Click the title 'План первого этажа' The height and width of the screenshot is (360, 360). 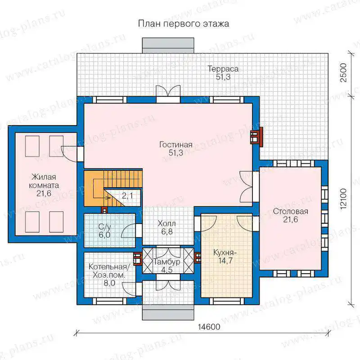(x=184, y=24)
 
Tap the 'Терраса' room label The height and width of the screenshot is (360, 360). (x=223, y=69)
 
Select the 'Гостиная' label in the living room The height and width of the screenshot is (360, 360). (x=175, y=144)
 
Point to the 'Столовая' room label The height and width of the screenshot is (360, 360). (x=290, y=211)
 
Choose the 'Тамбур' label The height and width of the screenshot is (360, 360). (x=167, y=262)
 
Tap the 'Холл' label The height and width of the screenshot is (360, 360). (x=167, y=223)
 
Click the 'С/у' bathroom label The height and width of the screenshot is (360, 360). (x=105, y=227)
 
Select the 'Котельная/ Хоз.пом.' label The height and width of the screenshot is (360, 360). (x=109, y=271)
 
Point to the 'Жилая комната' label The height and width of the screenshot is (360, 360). (x=44, y=181)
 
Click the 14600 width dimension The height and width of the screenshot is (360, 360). (x=209, y=327)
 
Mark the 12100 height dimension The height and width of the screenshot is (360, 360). (x=343, y=198)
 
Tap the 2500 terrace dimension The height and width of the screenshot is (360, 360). (x=343, y=72)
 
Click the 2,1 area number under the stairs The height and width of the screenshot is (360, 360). (x=127, y=196)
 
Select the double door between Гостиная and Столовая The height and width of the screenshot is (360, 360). (x=246, y=187)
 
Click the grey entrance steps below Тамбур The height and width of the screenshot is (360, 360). (x=168, y=313)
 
